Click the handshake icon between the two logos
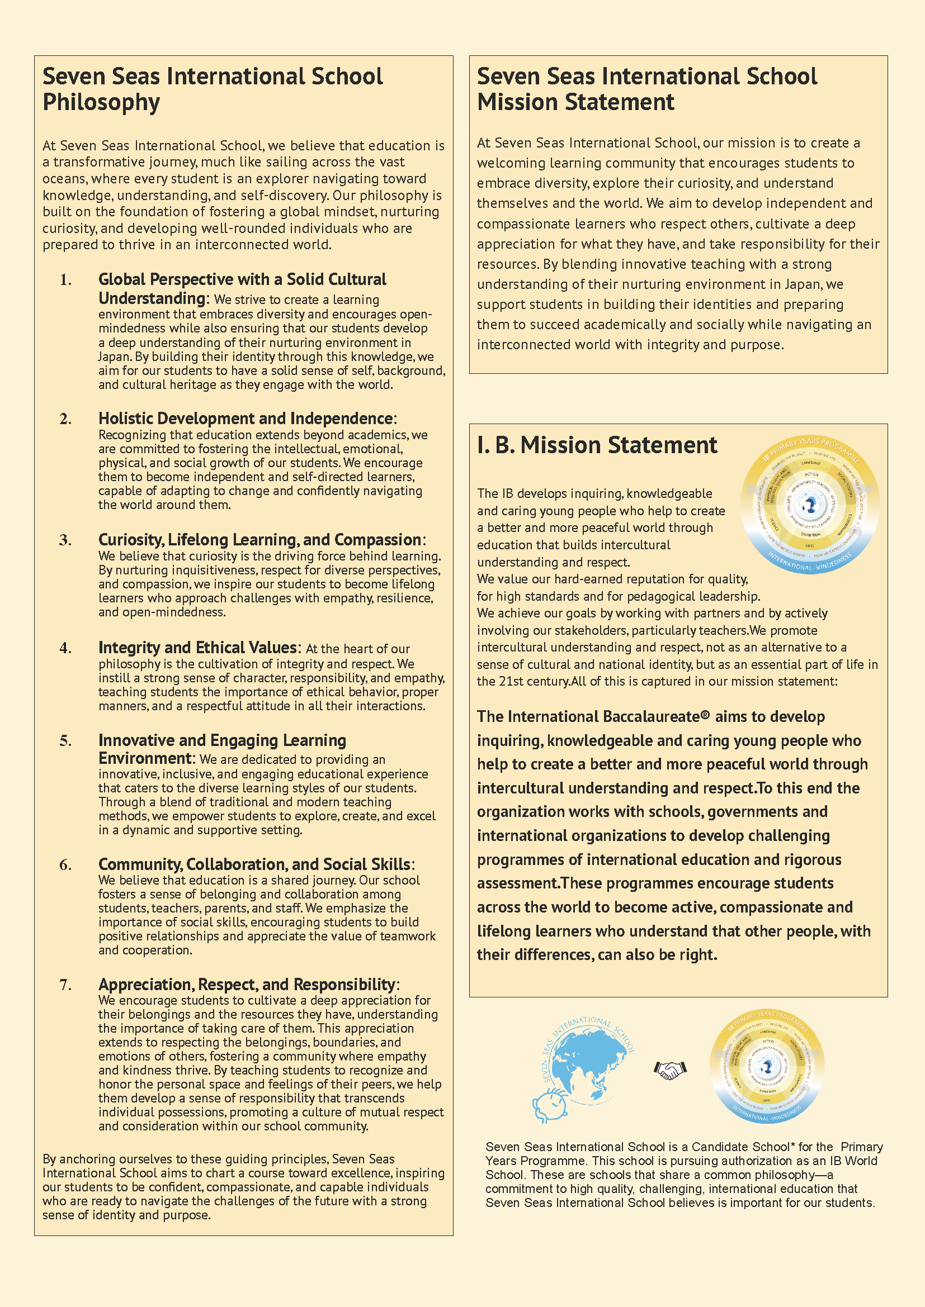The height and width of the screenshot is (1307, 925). pos(670,1070)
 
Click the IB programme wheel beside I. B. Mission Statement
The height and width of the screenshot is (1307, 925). pos(810,505)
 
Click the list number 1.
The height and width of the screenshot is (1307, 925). pos(65,279)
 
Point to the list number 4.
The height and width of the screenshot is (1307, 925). pos(65,648)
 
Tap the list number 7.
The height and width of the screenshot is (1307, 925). pos(65,985)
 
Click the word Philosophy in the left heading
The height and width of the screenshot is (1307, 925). pos(101,102)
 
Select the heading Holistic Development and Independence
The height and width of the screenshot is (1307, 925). pos(246,419)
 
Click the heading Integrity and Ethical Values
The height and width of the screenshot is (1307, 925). pos(197,648)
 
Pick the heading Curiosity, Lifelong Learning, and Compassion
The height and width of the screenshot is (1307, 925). pos(259,540)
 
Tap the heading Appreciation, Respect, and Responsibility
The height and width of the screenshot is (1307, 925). pos(247,985)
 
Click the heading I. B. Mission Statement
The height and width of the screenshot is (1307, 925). pos(597,445)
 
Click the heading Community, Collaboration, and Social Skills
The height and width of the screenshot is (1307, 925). pos(254,864)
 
